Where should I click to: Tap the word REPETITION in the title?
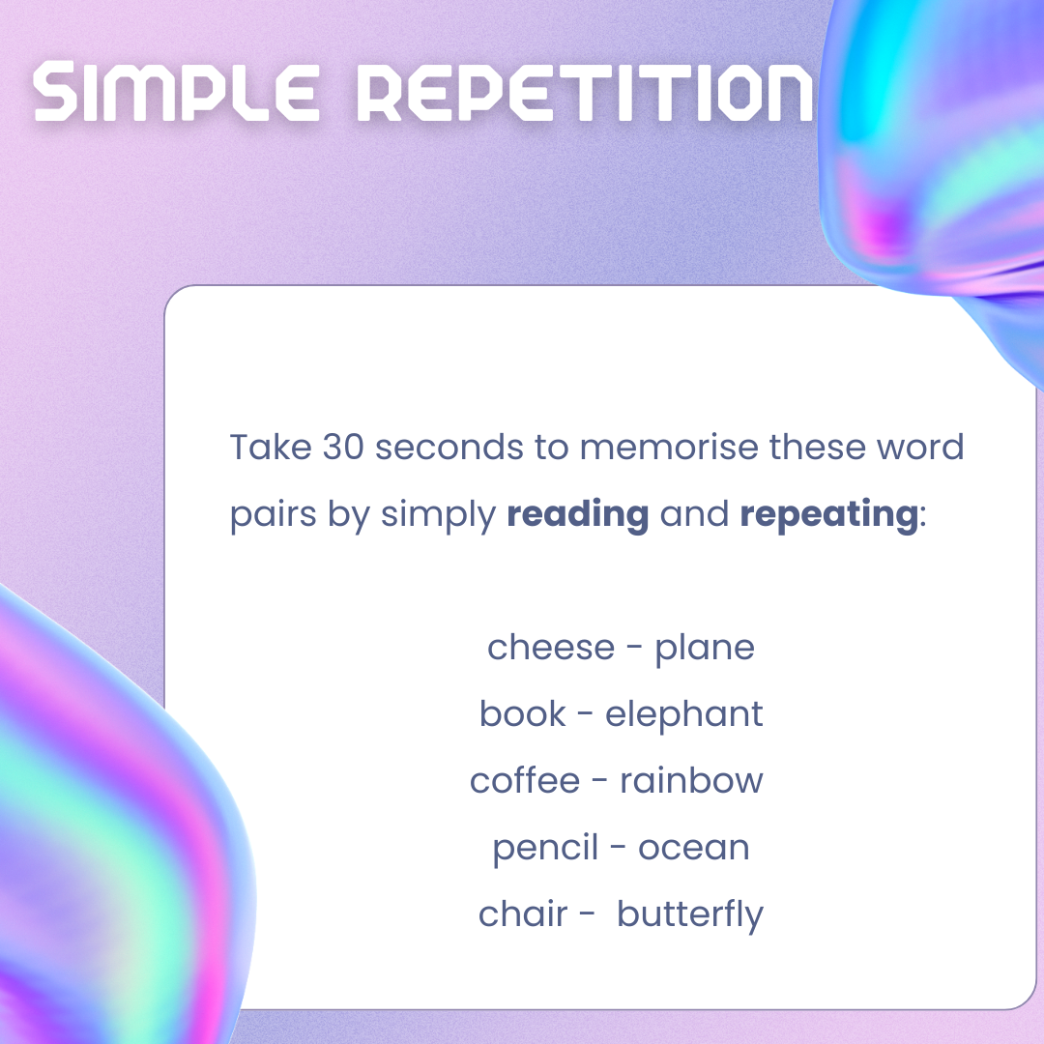[x=585, y=91]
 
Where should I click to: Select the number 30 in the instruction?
[x=343, y=447]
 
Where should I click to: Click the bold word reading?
[x=577, y=515]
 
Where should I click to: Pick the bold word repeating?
[x=829, y=515]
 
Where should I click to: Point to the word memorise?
[x=669, y=447]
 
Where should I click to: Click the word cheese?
[x=551, y=648]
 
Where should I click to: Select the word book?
[x=523, y=713]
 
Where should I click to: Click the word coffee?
[x=525, y=780]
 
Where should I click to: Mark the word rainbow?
[x=691, y=780]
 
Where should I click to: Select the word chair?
[x=523, y=913]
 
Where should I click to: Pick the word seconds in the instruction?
[x=449, y=447]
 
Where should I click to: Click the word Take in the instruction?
[x=271, y=447]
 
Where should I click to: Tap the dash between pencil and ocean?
[x=618, y=849]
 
